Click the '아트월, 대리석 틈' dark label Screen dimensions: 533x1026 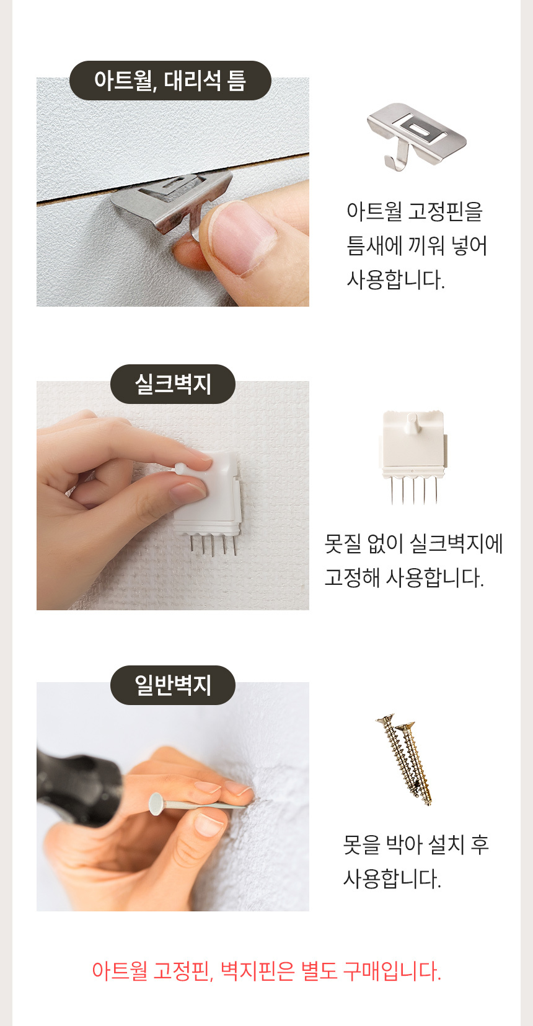click(x=170, y=81)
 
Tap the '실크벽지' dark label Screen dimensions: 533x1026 click(x=173, y=384)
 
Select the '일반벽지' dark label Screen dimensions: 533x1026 click(x=173, y=685)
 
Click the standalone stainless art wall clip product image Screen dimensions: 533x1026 click(x=416, y=136)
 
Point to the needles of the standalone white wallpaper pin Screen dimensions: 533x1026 click(x=414, y=490)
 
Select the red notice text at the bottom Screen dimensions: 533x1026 click(x=266, y=971)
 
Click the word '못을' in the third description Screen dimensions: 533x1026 click(x=361, y=844)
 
